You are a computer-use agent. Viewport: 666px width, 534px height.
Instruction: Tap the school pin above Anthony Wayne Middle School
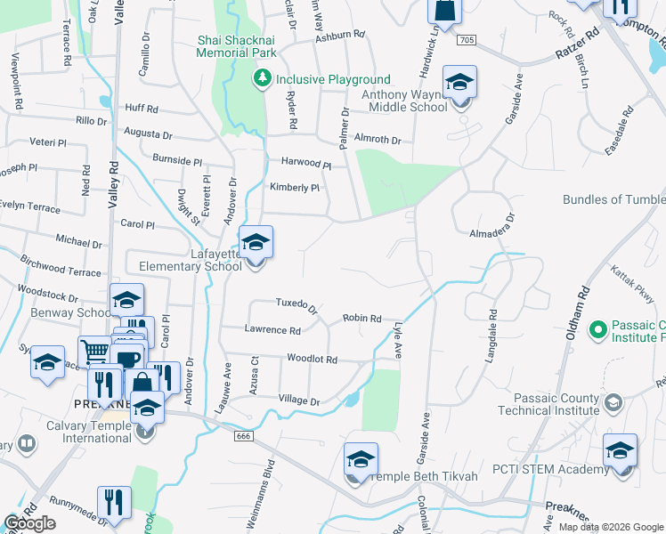[x=459, y=84]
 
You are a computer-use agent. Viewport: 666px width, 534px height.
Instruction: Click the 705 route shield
[x=467, y=41]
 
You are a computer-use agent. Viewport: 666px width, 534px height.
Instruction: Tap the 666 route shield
[x=242, y=436]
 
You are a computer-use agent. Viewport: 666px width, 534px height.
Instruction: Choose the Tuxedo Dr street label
[x=296, y=305]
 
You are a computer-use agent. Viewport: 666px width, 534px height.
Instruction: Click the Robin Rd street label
[x=362, y=318]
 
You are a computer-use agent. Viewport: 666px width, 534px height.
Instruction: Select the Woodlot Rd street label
[x=312, y=360]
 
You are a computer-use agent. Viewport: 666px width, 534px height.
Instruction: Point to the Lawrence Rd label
[x=272, y=329]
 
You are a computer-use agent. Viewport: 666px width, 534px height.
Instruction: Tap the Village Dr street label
[x=298, y=400]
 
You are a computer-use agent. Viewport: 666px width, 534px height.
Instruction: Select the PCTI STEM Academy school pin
[x=620, y=452]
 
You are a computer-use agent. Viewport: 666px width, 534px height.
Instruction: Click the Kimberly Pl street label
[x=294, y=188]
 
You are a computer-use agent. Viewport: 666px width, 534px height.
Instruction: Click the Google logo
[x=30, y=523]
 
